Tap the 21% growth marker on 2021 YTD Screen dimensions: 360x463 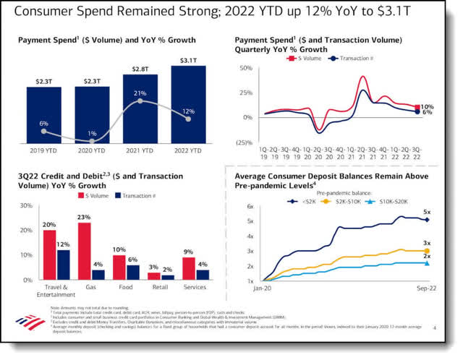(x=140, y=101)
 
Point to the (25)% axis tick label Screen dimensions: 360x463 (x=242, y=142)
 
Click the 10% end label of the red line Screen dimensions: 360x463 (x=427, y=107)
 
